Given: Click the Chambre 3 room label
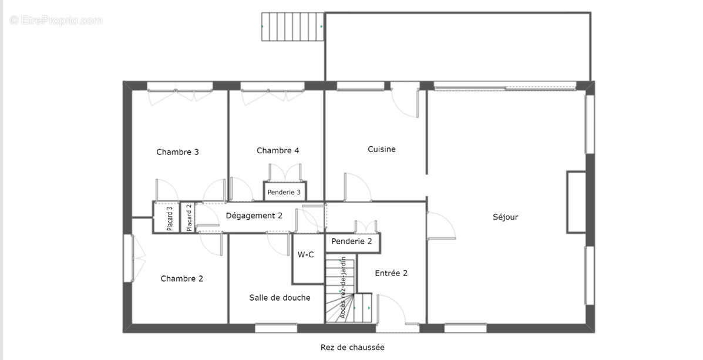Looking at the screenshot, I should pyautogui.click(x=177, y=152).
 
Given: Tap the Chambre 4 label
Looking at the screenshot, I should pyautogui.click(x=278, y=150).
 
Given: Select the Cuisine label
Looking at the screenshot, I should pyautogui.click(x=382, y=149).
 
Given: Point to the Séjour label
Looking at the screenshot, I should pyautogui.click(x=505, y=217).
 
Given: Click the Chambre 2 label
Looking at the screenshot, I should pyautogui.click(x=181, y=278).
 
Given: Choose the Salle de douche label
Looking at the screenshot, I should pyautogui.click(x=280, y=298).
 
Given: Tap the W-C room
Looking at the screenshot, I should pyautogui.click(x=306, y=255).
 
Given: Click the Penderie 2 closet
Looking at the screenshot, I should pyautogui.click(x=352, y=241).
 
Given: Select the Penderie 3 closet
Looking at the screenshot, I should pyautogui.click(x=284, y=192).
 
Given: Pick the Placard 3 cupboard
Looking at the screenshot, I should pyautogui.click(x=170, y=217).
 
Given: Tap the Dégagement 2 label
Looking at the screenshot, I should pyautogui.click(x=254, y=216).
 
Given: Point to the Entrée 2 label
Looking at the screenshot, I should pyautogui.click(x=391, y=273).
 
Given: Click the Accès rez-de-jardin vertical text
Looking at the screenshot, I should pyautogui.click(x=342, y=288).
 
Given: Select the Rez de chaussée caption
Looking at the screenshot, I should pyautogui.click(x=352, y=347).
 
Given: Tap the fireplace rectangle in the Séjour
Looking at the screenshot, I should pyautogui.click(x=576, y=201).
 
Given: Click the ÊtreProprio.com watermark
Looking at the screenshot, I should pyautogui.click(x=56, y=21).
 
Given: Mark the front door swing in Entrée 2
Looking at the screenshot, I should pyautogui.click(x=391, y=309).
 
